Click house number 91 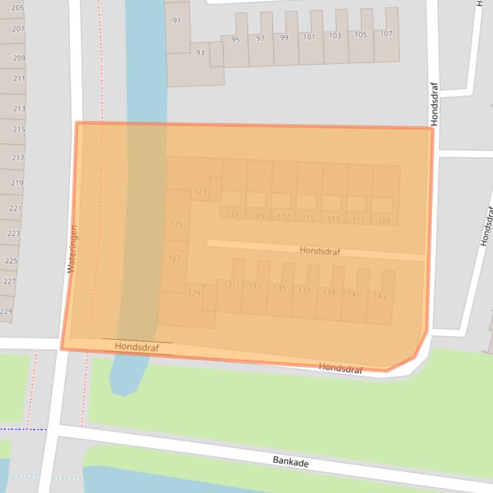tap(177, 20)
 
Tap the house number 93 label tap(200, 53)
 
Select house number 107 tap(386, 33)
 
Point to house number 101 tap(309, 37)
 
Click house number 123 tap(200, 191)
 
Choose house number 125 tap(176, 224)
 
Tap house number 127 tap(174, 258)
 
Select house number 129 tap(194, 294)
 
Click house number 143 tap(379, 296)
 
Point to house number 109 tap(383, 222)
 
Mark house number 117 tap(283, 217)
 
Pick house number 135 tap(280, 289)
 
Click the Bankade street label tap(290, 461)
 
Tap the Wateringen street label tap(72, 248)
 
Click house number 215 tap(19, 129)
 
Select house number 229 tap(6, 311)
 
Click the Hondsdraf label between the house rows tap(320, 251)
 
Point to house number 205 tap(18, 8)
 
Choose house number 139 tap(329, 292)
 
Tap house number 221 tap(14, 208)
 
